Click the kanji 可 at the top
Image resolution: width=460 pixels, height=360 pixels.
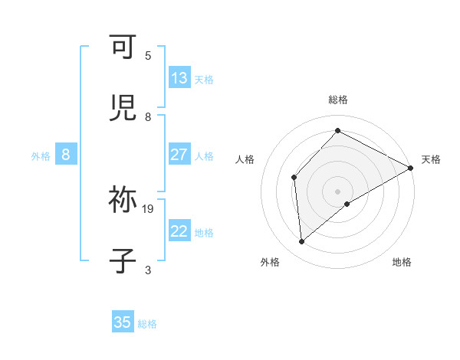click(123, 47)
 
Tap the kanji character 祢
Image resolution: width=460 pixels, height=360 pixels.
click(123, 201)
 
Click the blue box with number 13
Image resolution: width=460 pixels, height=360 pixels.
click(179, 78)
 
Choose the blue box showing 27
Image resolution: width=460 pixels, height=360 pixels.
click(179, 155)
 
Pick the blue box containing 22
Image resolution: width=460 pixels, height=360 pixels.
click(179, 231)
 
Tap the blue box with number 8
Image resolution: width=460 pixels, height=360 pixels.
click(66, 155)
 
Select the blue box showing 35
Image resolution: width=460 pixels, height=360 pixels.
click(123, 322)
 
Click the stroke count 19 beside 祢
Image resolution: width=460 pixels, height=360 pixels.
click(148, 208)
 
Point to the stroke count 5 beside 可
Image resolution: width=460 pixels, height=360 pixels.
click(148, 55)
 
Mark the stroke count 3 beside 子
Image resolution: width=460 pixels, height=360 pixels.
click(148, 270)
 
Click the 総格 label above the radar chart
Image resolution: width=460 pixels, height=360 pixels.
click(338, 100)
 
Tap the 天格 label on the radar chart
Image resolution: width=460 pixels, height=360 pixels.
click(431, 159)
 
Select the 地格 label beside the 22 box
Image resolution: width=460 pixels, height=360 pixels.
click(204, 232)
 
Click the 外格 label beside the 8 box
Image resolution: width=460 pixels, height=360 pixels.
click(41, 155)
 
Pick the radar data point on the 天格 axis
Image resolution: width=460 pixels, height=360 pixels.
click(411, 168)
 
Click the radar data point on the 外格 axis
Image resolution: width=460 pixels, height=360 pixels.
click(302, 242)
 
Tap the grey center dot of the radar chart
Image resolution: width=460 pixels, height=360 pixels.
click(338, 191)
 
